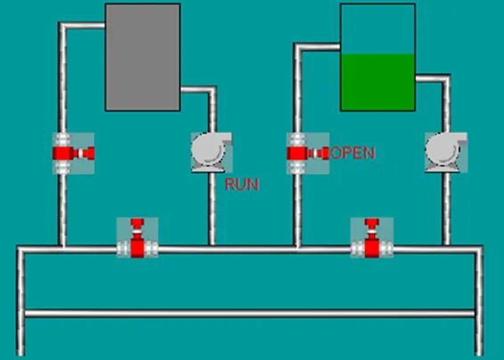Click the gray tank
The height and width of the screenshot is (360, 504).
(x=142, y=57)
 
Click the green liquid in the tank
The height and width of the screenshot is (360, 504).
(x=378, y=82)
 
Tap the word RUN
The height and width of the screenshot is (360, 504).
(x=242, y=184)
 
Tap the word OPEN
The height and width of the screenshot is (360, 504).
(x=353, y=152)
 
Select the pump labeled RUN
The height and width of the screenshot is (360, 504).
(x=212, y=152)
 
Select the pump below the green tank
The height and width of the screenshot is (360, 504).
(x=446, y=152)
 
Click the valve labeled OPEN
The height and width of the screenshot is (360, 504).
(x=307, y=153)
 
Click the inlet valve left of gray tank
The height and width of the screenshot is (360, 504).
(x=74, y=153)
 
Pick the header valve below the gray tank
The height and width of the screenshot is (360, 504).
(x=137, y=238)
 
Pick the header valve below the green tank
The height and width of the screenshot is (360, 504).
(x=371, y=238)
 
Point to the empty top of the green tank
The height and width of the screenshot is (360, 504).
(x=378, y=29)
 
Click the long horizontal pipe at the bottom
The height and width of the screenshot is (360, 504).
(x=249, y=314)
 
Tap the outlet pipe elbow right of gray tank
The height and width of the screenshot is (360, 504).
(x=212, y=90)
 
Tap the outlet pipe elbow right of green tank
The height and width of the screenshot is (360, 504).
(x=446, y=78)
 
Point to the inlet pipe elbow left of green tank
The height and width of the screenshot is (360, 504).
(x=298, y=47)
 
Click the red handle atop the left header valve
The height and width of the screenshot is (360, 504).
(x=137, y=223)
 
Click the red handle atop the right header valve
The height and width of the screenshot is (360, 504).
(x=372, y=223)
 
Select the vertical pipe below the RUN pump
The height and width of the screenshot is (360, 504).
(x=212, y=209)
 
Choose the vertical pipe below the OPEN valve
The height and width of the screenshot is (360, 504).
(x=298, y=210)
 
